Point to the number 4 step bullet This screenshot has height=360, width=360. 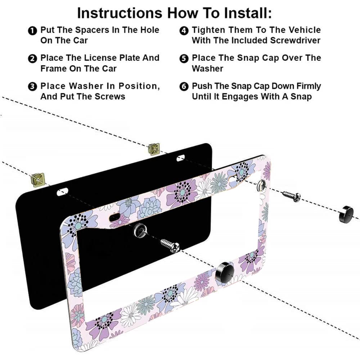click(184, 31)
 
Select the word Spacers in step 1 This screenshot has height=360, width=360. click(83, 30)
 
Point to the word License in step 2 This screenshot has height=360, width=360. click(104, 58)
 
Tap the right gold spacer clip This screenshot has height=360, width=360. click(154, 148)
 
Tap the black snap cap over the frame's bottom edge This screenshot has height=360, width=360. click(225, 272)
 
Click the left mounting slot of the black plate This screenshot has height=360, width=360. click(62, 191)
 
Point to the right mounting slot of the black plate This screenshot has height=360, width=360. click(180, 158)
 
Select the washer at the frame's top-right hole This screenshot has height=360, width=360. click(262, 185)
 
